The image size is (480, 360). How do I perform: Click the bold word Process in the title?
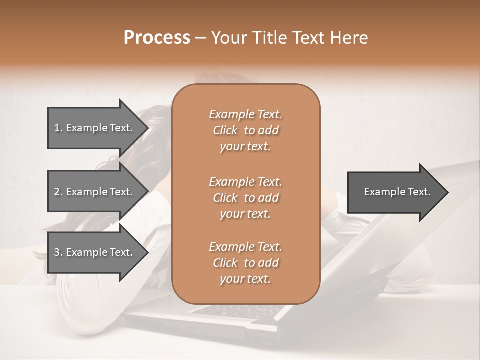click(x=157, y=38)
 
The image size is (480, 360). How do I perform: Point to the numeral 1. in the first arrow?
click(x=58, y=128)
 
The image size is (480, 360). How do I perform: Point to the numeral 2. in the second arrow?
click(x=58, y=192)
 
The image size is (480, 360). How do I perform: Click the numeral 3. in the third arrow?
click(x=58, y=252)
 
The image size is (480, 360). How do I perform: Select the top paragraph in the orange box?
click(x=245, y=130)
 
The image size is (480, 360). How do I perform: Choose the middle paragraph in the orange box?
click(x=245, y=198)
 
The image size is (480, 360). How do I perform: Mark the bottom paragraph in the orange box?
click(x=245, y=263)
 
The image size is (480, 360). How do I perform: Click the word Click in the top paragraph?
click(x=225, y=130)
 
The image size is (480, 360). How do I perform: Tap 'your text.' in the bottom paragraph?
click(x=245, y=279)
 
